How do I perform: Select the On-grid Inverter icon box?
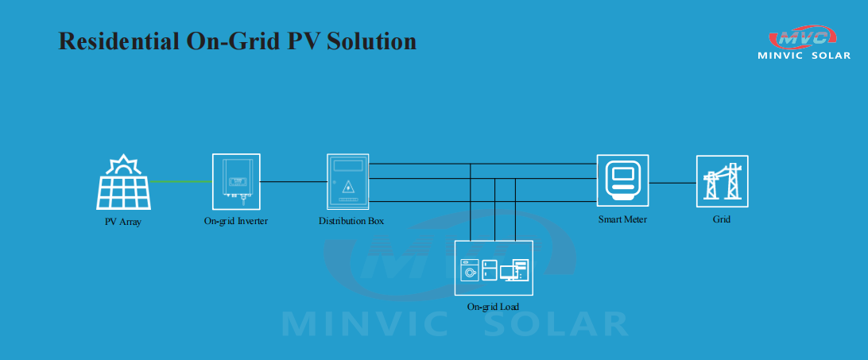click(x=236, y=181)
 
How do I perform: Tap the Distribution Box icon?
click(x=347, y=182)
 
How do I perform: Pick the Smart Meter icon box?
click(x=622, y=180)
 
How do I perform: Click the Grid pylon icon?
click(x=722, y=181)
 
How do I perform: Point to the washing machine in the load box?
click(x=470, y=270)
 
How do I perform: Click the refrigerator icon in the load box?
click(x=490, y=270)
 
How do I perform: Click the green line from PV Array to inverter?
click(x=181, y=181)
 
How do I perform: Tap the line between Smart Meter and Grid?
click(x=672, y=183)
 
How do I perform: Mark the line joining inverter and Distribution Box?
click(x=293, y=181)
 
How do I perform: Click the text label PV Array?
click(x=123, y=222)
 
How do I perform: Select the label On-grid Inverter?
click(x=236, y=221)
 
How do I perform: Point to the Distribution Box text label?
click(x=351, y=221)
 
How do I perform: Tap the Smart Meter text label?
click(x=622, y=219)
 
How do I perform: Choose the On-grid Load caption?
click(x=493, y=306)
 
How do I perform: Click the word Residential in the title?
click(x=118, y=41)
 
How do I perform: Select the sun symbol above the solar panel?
click(x=123, y=165)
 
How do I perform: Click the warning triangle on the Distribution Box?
click(x=347, y=185)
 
